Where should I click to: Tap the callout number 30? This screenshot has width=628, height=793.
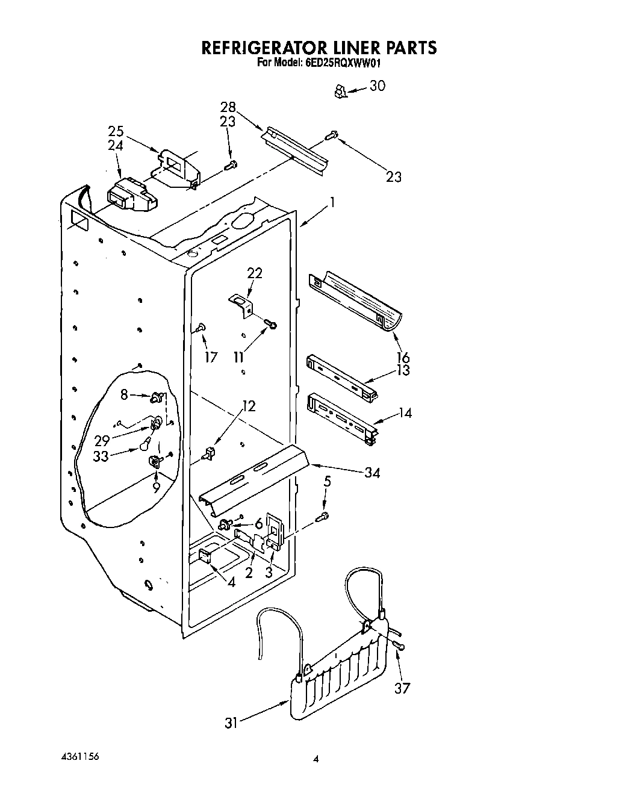pyautogui.click(x=378, y=86)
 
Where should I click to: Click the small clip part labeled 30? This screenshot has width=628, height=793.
pyautogui.click(x=340, y=92)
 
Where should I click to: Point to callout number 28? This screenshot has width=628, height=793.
pyautogui.click(x=228, y=107)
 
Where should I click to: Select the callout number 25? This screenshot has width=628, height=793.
pyautogui.click(x=116, y=131)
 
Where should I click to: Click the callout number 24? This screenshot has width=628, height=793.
pyautogui.click(x=116, y=145)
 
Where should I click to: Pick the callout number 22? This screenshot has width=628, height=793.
pyautogui.click(x=254, y=273)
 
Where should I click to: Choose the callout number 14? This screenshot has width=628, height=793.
pyautogui.click(x=405, y=413)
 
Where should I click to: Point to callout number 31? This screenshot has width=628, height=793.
pyautogui.click(x=232, y=721)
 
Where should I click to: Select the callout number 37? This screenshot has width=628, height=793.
pyautogui.click(x=402, y=688)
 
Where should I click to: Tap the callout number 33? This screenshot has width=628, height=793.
pyautogui.click(x=101, y=456)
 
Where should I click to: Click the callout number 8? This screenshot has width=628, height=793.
pyautogui.click(x=124, y=394)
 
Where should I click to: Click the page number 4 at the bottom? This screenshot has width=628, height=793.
pyautogui.click(x=315, y=760)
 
